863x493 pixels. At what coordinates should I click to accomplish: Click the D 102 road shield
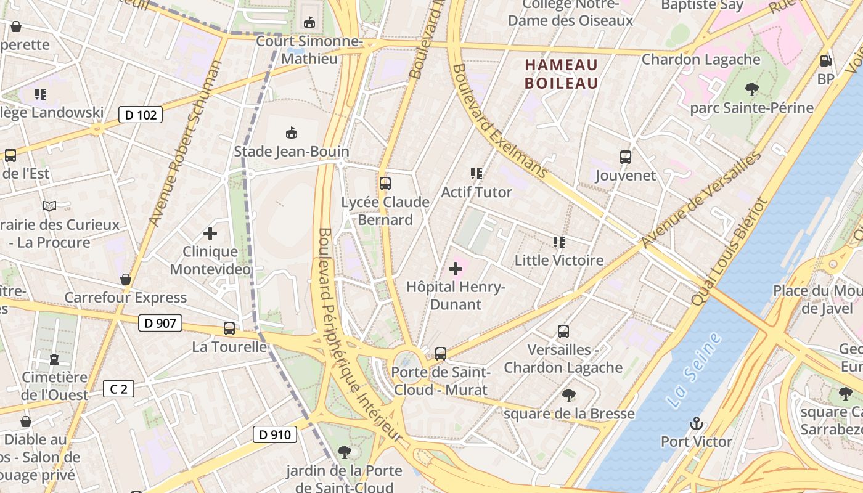[141, 115]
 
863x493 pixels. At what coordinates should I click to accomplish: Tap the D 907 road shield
[160, 323]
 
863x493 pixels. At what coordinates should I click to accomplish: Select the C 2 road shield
[118, 389]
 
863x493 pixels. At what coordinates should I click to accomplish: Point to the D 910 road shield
[275, 434]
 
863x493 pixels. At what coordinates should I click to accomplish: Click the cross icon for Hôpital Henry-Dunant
[456, 269]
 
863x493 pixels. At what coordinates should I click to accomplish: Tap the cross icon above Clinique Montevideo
[210, 234]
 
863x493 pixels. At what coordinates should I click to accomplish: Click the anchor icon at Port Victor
[696, 423]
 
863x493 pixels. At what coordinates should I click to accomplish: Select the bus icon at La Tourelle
[229, 328]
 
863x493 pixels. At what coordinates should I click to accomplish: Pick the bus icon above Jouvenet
[626, 157]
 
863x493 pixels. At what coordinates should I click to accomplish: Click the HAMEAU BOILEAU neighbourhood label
[561, 74]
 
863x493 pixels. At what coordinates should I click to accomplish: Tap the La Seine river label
[693, 370]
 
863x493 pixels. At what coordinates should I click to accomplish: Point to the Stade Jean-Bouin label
[291, 152]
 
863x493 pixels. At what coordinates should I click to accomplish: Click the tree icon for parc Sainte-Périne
[751, 89]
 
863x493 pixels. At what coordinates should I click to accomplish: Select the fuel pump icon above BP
[825, 60]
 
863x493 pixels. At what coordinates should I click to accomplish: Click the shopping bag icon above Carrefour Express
[126, 279]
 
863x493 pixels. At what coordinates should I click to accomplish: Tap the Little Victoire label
[558, 260]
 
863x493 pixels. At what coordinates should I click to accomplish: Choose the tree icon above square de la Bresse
[568, 395]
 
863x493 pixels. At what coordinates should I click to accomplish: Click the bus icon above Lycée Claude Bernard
[385, 183]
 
